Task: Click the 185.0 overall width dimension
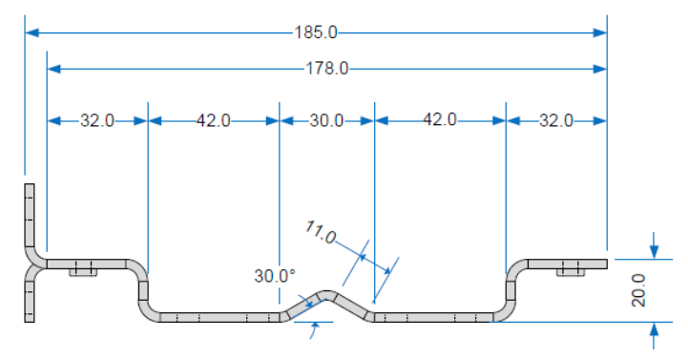316,32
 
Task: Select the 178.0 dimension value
327,69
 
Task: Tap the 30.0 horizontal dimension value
326,120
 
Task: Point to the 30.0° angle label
275,276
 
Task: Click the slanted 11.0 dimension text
321,232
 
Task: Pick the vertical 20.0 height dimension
638,290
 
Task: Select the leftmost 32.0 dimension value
97,120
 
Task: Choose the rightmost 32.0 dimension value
556,120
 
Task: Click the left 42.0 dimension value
213,120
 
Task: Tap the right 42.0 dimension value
440,119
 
